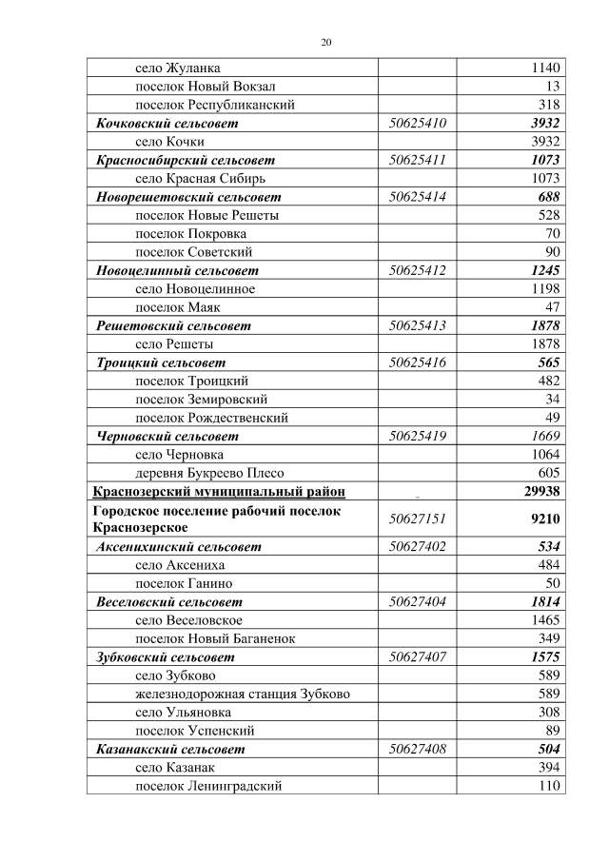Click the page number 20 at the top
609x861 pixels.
click(x=325, y=43)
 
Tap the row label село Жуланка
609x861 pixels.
click(x=179, y=68)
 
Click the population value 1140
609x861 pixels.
click(x=544, y=68)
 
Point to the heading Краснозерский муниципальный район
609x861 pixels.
click(x=218, y=492)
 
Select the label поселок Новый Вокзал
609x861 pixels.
click(x=193, y=87)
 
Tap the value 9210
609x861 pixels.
click(x=544, y=519)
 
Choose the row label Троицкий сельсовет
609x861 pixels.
click(x=162, y=362)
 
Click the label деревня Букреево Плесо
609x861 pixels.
click(x=210, y=473)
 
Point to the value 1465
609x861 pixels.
click(x=544, y=620)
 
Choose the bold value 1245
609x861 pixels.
click(x=545, y=270)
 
